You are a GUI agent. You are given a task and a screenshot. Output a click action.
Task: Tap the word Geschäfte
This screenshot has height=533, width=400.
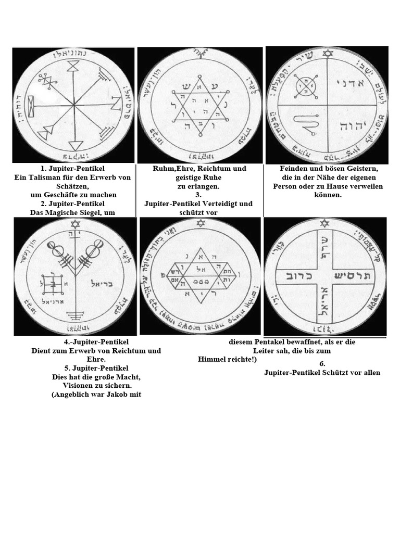[x=74, y=194]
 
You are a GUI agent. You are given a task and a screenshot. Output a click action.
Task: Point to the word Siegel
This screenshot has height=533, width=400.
[x=102, y=211]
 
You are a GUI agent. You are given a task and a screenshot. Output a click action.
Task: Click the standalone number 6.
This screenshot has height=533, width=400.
[x=322, y=364]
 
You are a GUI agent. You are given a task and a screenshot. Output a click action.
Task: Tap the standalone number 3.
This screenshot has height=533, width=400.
[x=198, y=195]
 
